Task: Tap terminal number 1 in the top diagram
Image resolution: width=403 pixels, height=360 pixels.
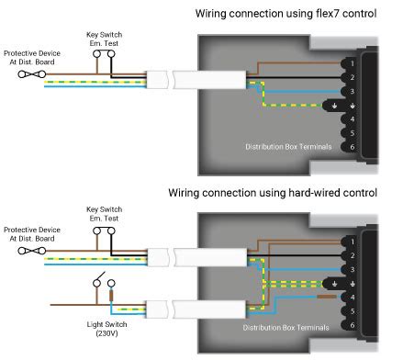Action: [x=353, y=63]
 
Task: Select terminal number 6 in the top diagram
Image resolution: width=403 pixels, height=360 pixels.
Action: [x=353, y=147]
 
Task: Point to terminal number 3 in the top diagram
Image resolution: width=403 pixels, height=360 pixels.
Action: [x=353, y=91]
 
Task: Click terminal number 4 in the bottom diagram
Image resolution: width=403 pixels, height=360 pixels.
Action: [x=353, y=298]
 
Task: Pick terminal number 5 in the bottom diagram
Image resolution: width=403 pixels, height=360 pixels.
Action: [x=353, y=311]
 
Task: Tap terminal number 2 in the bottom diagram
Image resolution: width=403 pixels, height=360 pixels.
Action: [x=353, y=255]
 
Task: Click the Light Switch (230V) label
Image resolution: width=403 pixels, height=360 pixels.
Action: [x=106, y=329]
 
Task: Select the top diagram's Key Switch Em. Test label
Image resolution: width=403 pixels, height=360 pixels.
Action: [x=104, y=39]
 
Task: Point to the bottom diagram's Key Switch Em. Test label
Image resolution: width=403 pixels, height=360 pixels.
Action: [x=104, y=214]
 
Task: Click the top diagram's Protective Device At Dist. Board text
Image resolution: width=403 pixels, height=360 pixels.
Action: [x=32, y=58]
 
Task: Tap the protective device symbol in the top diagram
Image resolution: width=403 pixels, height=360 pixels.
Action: [x=32, y=74]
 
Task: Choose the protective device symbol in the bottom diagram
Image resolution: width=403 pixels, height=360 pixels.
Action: [x=32, y=251]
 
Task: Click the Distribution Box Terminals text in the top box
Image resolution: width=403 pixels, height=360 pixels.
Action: [x=288, y=147]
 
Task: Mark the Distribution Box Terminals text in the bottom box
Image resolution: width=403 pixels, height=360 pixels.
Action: [x=285, y=328]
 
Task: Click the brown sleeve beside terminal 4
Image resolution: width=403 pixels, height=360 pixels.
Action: [x=327, y=297]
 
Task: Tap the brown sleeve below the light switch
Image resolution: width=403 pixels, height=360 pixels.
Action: [x=111, y=296]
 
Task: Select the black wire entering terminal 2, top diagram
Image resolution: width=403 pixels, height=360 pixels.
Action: [x=294, y=77]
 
